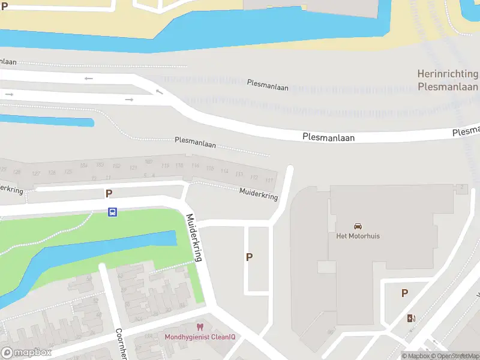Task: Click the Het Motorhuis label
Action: (358, 236)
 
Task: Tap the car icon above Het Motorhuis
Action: (358, 226)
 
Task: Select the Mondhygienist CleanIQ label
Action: (200, 337)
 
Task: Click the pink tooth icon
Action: (200, 327)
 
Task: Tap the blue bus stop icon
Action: (112, 212)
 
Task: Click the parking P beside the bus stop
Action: (109, 193)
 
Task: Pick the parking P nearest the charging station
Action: (405, 293)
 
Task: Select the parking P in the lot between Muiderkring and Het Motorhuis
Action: (249, 257)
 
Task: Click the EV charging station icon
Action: (411, 318)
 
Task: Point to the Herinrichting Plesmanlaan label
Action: (448, 80)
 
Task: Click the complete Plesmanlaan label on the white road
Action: (329, 137)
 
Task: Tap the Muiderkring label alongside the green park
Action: (196, 238)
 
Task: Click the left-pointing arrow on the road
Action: (89, 78)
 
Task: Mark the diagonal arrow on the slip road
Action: (159, 92)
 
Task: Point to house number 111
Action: (269, 181)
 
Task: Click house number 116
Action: (194, 166)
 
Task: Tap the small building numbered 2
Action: (462, 188)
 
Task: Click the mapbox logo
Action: (26, 353)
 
